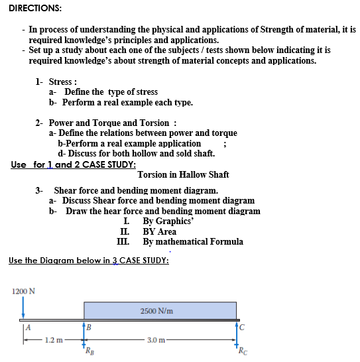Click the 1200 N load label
pos(23,290)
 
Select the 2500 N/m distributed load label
pos(157,310)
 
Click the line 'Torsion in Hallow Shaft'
pos(183,174)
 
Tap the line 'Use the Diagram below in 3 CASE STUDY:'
pos(89,261)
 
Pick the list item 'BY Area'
pos(160,231)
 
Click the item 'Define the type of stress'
pos(111,92)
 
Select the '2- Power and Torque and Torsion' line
pos(106,123)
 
